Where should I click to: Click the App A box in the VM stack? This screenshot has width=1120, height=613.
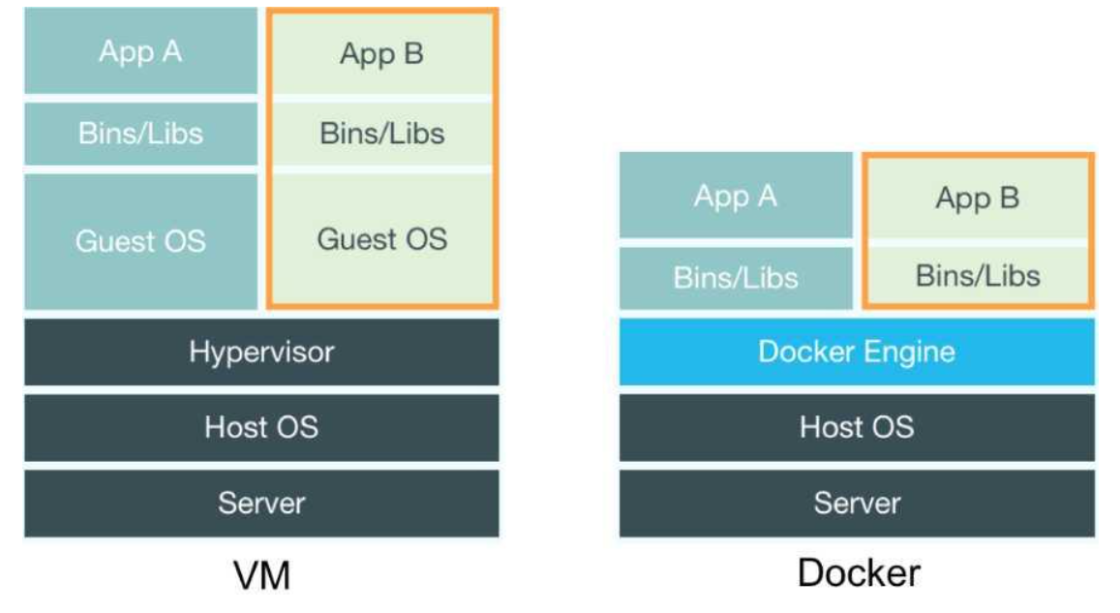pos(140,51)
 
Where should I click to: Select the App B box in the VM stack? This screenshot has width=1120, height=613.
pos(381,54)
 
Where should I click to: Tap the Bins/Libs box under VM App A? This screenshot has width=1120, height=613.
pos(140,133)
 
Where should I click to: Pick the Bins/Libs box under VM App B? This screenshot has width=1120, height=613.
pos(381,133)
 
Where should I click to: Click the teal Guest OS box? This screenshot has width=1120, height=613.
pos(140,240)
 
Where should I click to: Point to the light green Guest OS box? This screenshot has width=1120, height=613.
pos(381,238)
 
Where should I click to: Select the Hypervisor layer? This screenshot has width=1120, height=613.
pos(261,351)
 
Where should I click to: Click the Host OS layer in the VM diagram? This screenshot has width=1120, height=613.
pos(261,426)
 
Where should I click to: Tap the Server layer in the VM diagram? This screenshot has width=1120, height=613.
pos(261,503)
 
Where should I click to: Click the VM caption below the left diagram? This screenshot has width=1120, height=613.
pos(262,576)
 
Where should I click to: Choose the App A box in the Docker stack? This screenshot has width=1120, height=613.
pos(736,196)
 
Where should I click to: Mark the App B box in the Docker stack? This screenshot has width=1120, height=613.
pos(977,199)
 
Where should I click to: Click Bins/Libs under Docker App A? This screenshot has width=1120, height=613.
pos(736,278)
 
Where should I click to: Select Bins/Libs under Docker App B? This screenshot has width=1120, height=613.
pos(977,276)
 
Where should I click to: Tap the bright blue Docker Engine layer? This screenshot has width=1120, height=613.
pos(857,351)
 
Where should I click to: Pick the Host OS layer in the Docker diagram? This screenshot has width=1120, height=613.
pos(857,426)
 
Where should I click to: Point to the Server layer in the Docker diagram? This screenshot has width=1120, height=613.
pos(857,503)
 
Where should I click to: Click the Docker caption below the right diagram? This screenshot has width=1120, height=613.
pos(858,572)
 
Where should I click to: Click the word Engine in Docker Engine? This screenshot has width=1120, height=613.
pos(906,352)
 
